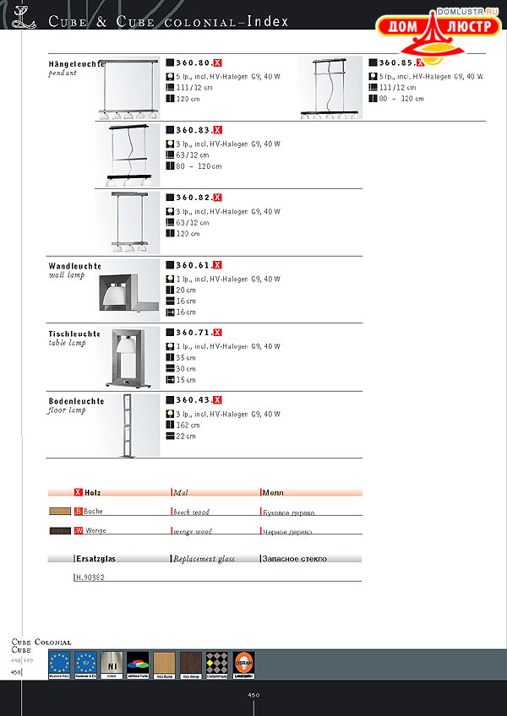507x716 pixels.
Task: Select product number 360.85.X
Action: (401, 62)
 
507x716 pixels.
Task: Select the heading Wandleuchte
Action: (74, 266)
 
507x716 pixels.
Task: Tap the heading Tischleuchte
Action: (74, 334)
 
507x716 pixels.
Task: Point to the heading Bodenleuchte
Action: (76, 401)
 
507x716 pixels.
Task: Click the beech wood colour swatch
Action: (60, 512)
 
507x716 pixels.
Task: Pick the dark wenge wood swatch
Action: (60, 531)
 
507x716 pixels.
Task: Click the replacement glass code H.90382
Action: (90, 578)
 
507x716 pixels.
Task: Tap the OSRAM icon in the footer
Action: (243, 664)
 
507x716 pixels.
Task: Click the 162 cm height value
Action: (187, 426)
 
